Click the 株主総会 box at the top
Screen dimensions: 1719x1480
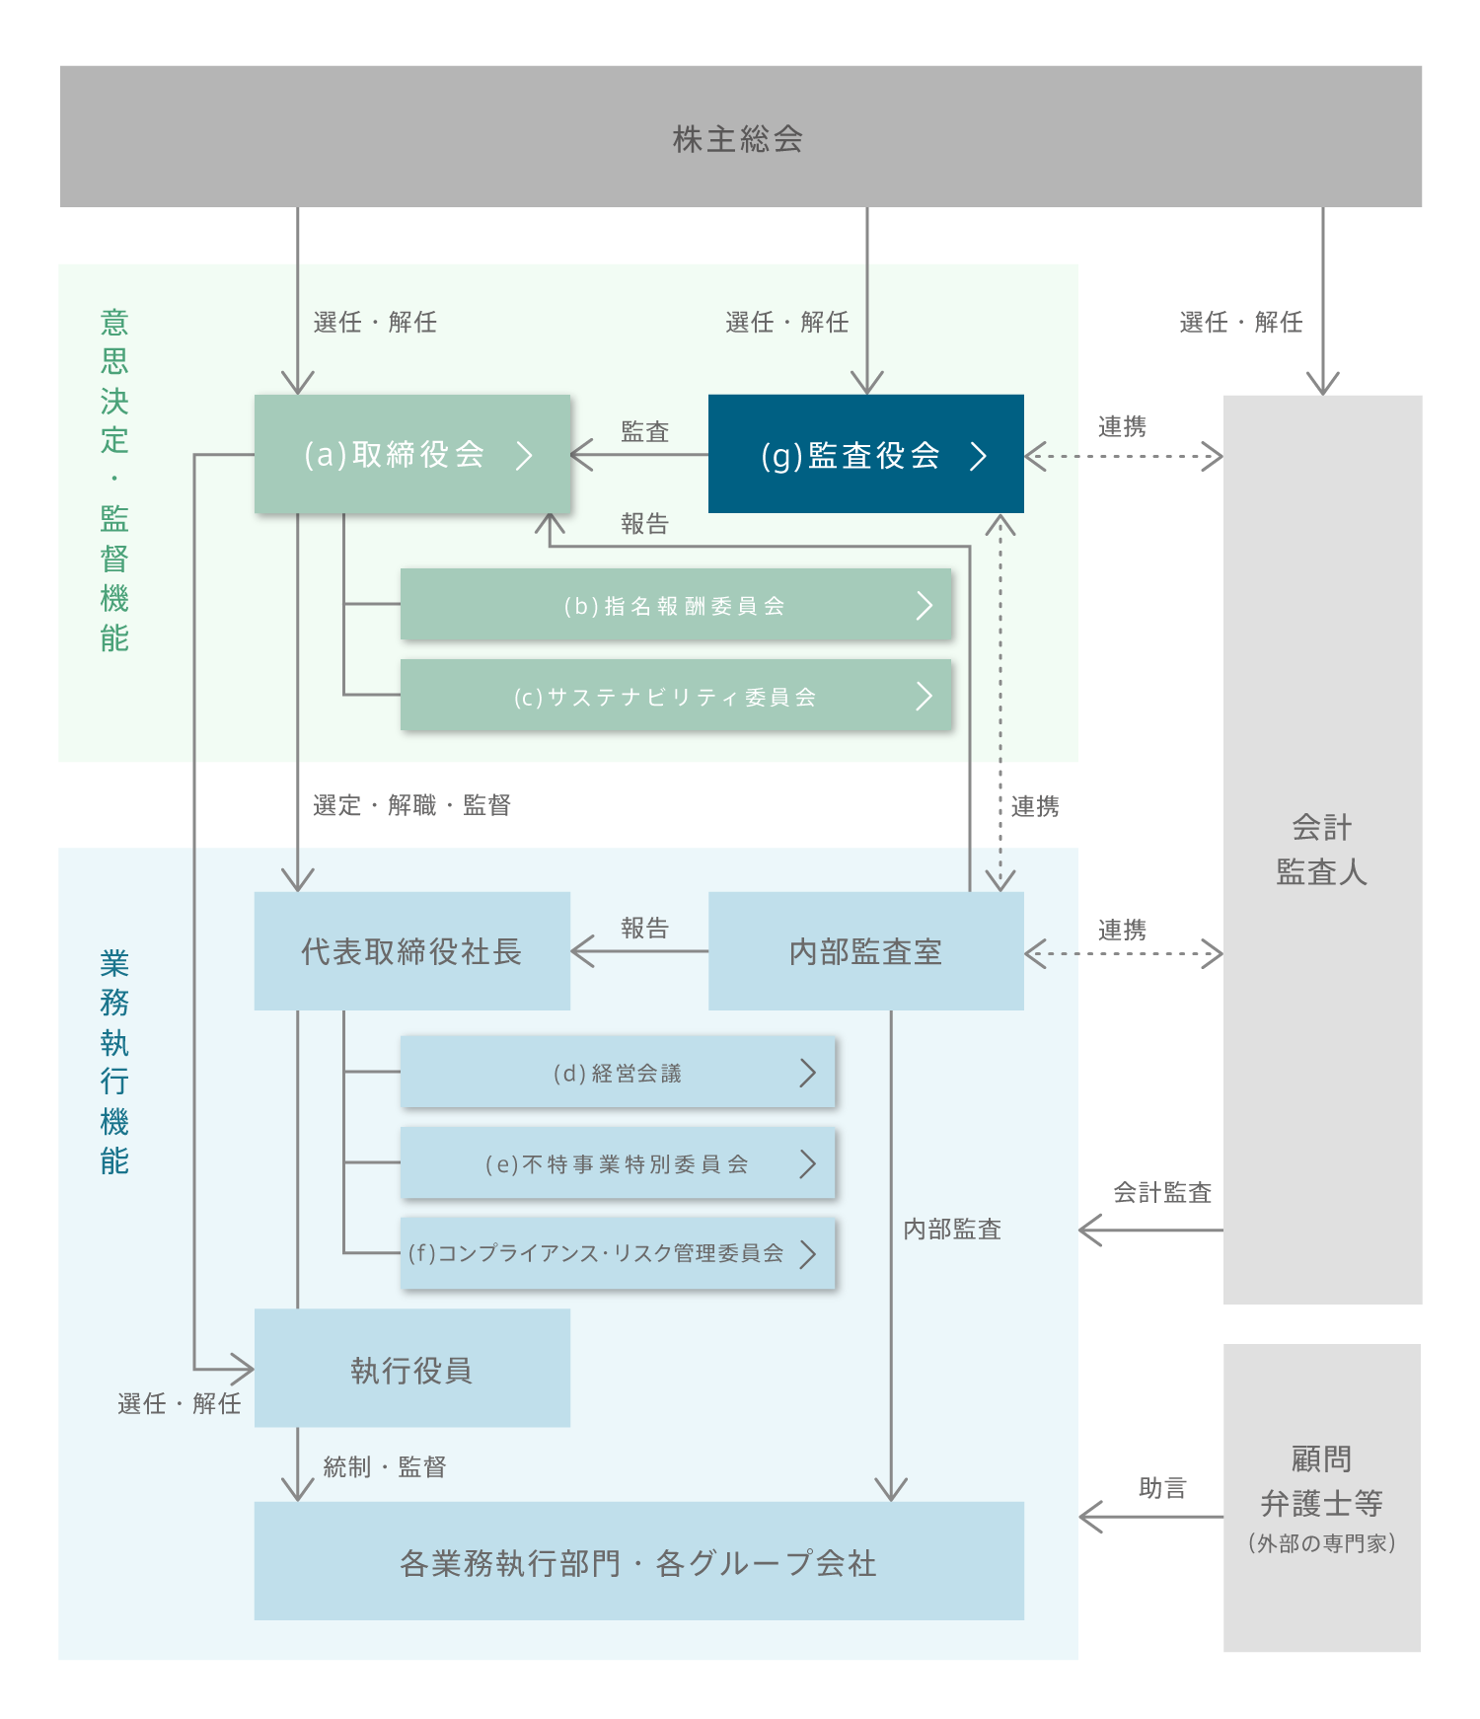click(x=740, y=137)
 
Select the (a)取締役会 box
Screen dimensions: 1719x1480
click(x=412, y=454)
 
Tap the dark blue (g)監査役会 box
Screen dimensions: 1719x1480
click(x=865, y=454)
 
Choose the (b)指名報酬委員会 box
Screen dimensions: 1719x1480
click(x=676, y=605)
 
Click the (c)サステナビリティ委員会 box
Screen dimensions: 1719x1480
click(x=676, y=696)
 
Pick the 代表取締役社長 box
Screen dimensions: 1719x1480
click(x=411, y=951)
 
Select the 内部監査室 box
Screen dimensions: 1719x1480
click(x=865, y=951)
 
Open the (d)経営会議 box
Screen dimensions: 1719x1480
click(x=618, y=1073)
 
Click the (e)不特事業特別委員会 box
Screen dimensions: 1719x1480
click(x=618, y=1163)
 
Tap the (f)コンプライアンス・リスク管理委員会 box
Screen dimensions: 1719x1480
click(x=618, y=1253)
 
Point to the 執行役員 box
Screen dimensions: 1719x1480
click(x=411, y=1369)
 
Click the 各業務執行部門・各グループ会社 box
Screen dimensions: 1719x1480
click(x=638, y=1561)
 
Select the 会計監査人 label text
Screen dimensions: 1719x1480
click(x=1322, y=850)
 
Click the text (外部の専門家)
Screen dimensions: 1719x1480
click(x=1322, y=1543)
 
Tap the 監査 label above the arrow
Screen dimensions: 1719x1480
click(x=644, y=431)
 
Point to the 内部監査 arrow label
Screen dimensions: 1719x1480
click(x=952, y=1229)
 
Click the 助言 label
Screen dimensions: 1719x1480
click(x=1162, y=1487)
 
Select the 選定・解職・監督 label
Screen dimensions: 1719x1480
click(x=411, y=805)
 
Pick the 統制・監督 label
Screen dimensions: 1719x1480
click(x=385, y=1466)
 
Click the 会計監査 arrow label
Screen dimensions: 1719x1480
click(x=1162, y=1192)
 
